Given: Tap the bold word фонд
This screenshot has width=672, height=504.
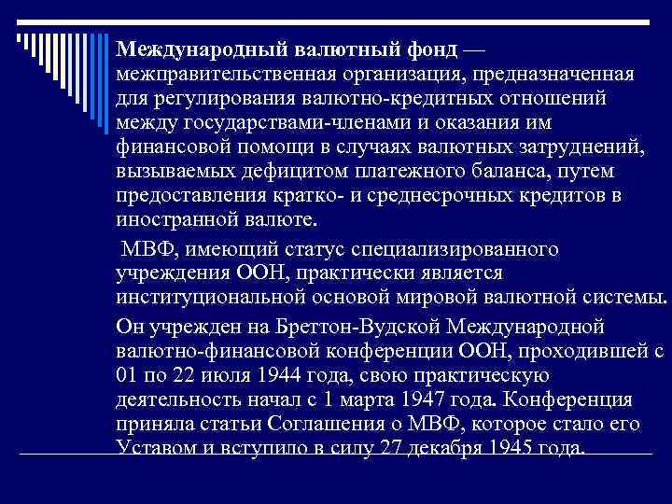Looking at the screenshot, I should coord(427,48).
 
